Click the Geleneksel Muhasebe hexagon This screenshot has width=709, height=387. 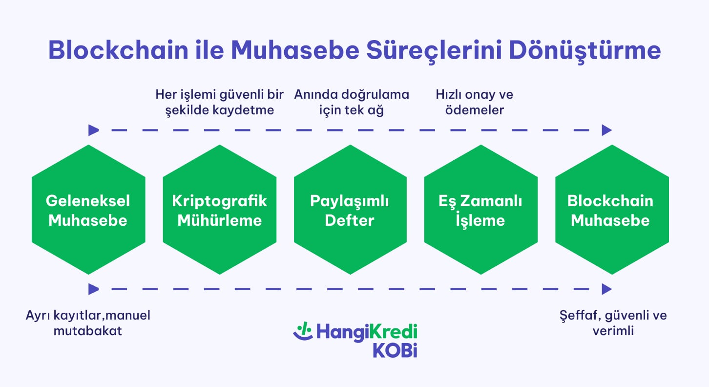[x=88, y=210]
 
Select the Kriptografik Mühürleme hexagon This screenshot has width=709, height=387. [x=219, y=210]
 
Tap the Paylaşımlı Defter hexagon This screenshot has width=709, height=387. [x=350, y=210]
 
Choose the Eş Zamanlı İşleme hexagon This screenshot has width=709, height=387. [x=480, y=210]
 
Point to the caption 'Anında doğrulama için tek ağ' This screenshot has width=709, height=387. [x=351, y=102]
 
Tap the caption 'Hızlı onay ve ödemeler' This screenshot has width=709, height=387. [x=474, y=102]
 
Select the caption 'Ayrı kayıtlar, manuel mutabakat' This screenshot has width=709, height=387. [x=88, y=323]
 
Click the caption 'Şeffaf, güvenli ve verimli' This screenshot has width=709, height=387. [x=613, y=323]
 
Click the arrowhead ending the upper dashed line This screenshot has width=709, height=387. [x=606, y=130]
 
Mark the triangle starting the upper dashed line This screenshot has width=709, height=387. [x=93, y=130]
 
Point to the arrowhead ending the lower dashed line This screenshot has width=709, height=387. [x=606, y=289]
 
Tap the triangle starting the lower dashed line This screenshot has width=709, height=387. [x=93, y=289]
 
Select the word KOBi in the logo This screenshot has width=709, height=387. [x=395, y=350]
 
